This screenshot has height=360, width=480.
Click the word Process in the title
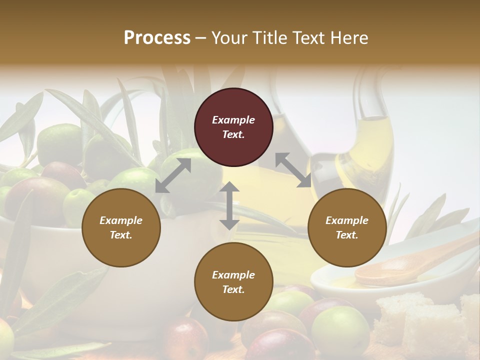[x=157, y=38]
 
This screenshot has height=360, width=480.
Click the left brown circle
[x=121, y=227]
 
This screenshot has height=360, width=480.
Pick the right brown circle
[x=347, y=227]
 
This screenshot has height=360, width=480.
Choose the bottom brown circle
[x=233, y=282]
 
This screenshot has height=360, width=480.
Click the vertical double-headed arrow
[x=229, y=205]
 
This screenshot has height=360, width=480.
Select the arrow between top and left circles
[x=173, y=175]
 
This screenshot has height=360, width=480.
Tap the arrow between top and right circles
[x=293, y=170]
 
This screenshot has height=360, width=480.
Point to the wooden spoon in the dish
[x=400, y=265]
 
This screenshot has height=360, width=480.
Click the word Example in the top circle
[x=233, y=120]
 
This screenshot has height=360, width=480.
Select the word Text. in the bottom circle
[x=233, y=289]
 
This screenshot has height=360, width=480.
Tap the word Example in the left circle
[x=121, y=220]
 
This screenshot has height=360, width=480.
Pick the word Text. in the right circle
[x=347, y=235]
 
